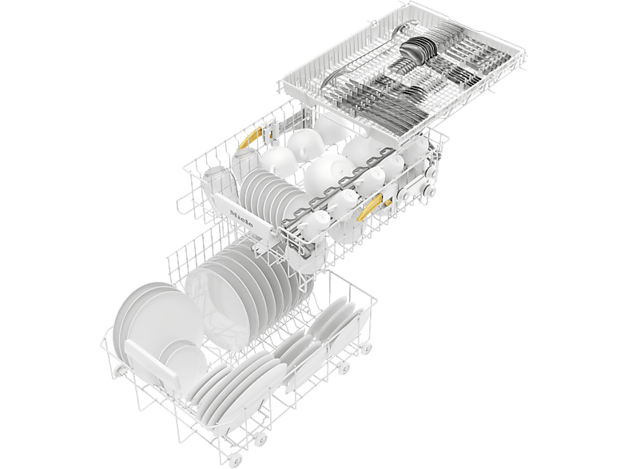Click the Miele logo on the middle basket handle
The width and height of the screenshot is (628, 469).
tap(241, 217)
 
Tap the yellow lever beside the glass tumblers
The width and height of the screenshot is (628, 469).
tap(249, 138)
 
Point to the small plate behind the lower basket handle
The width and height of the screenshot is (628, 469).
tap(185, 360)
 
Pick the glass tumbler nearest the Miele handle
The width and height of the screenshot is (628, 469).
tap(217, 184)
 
